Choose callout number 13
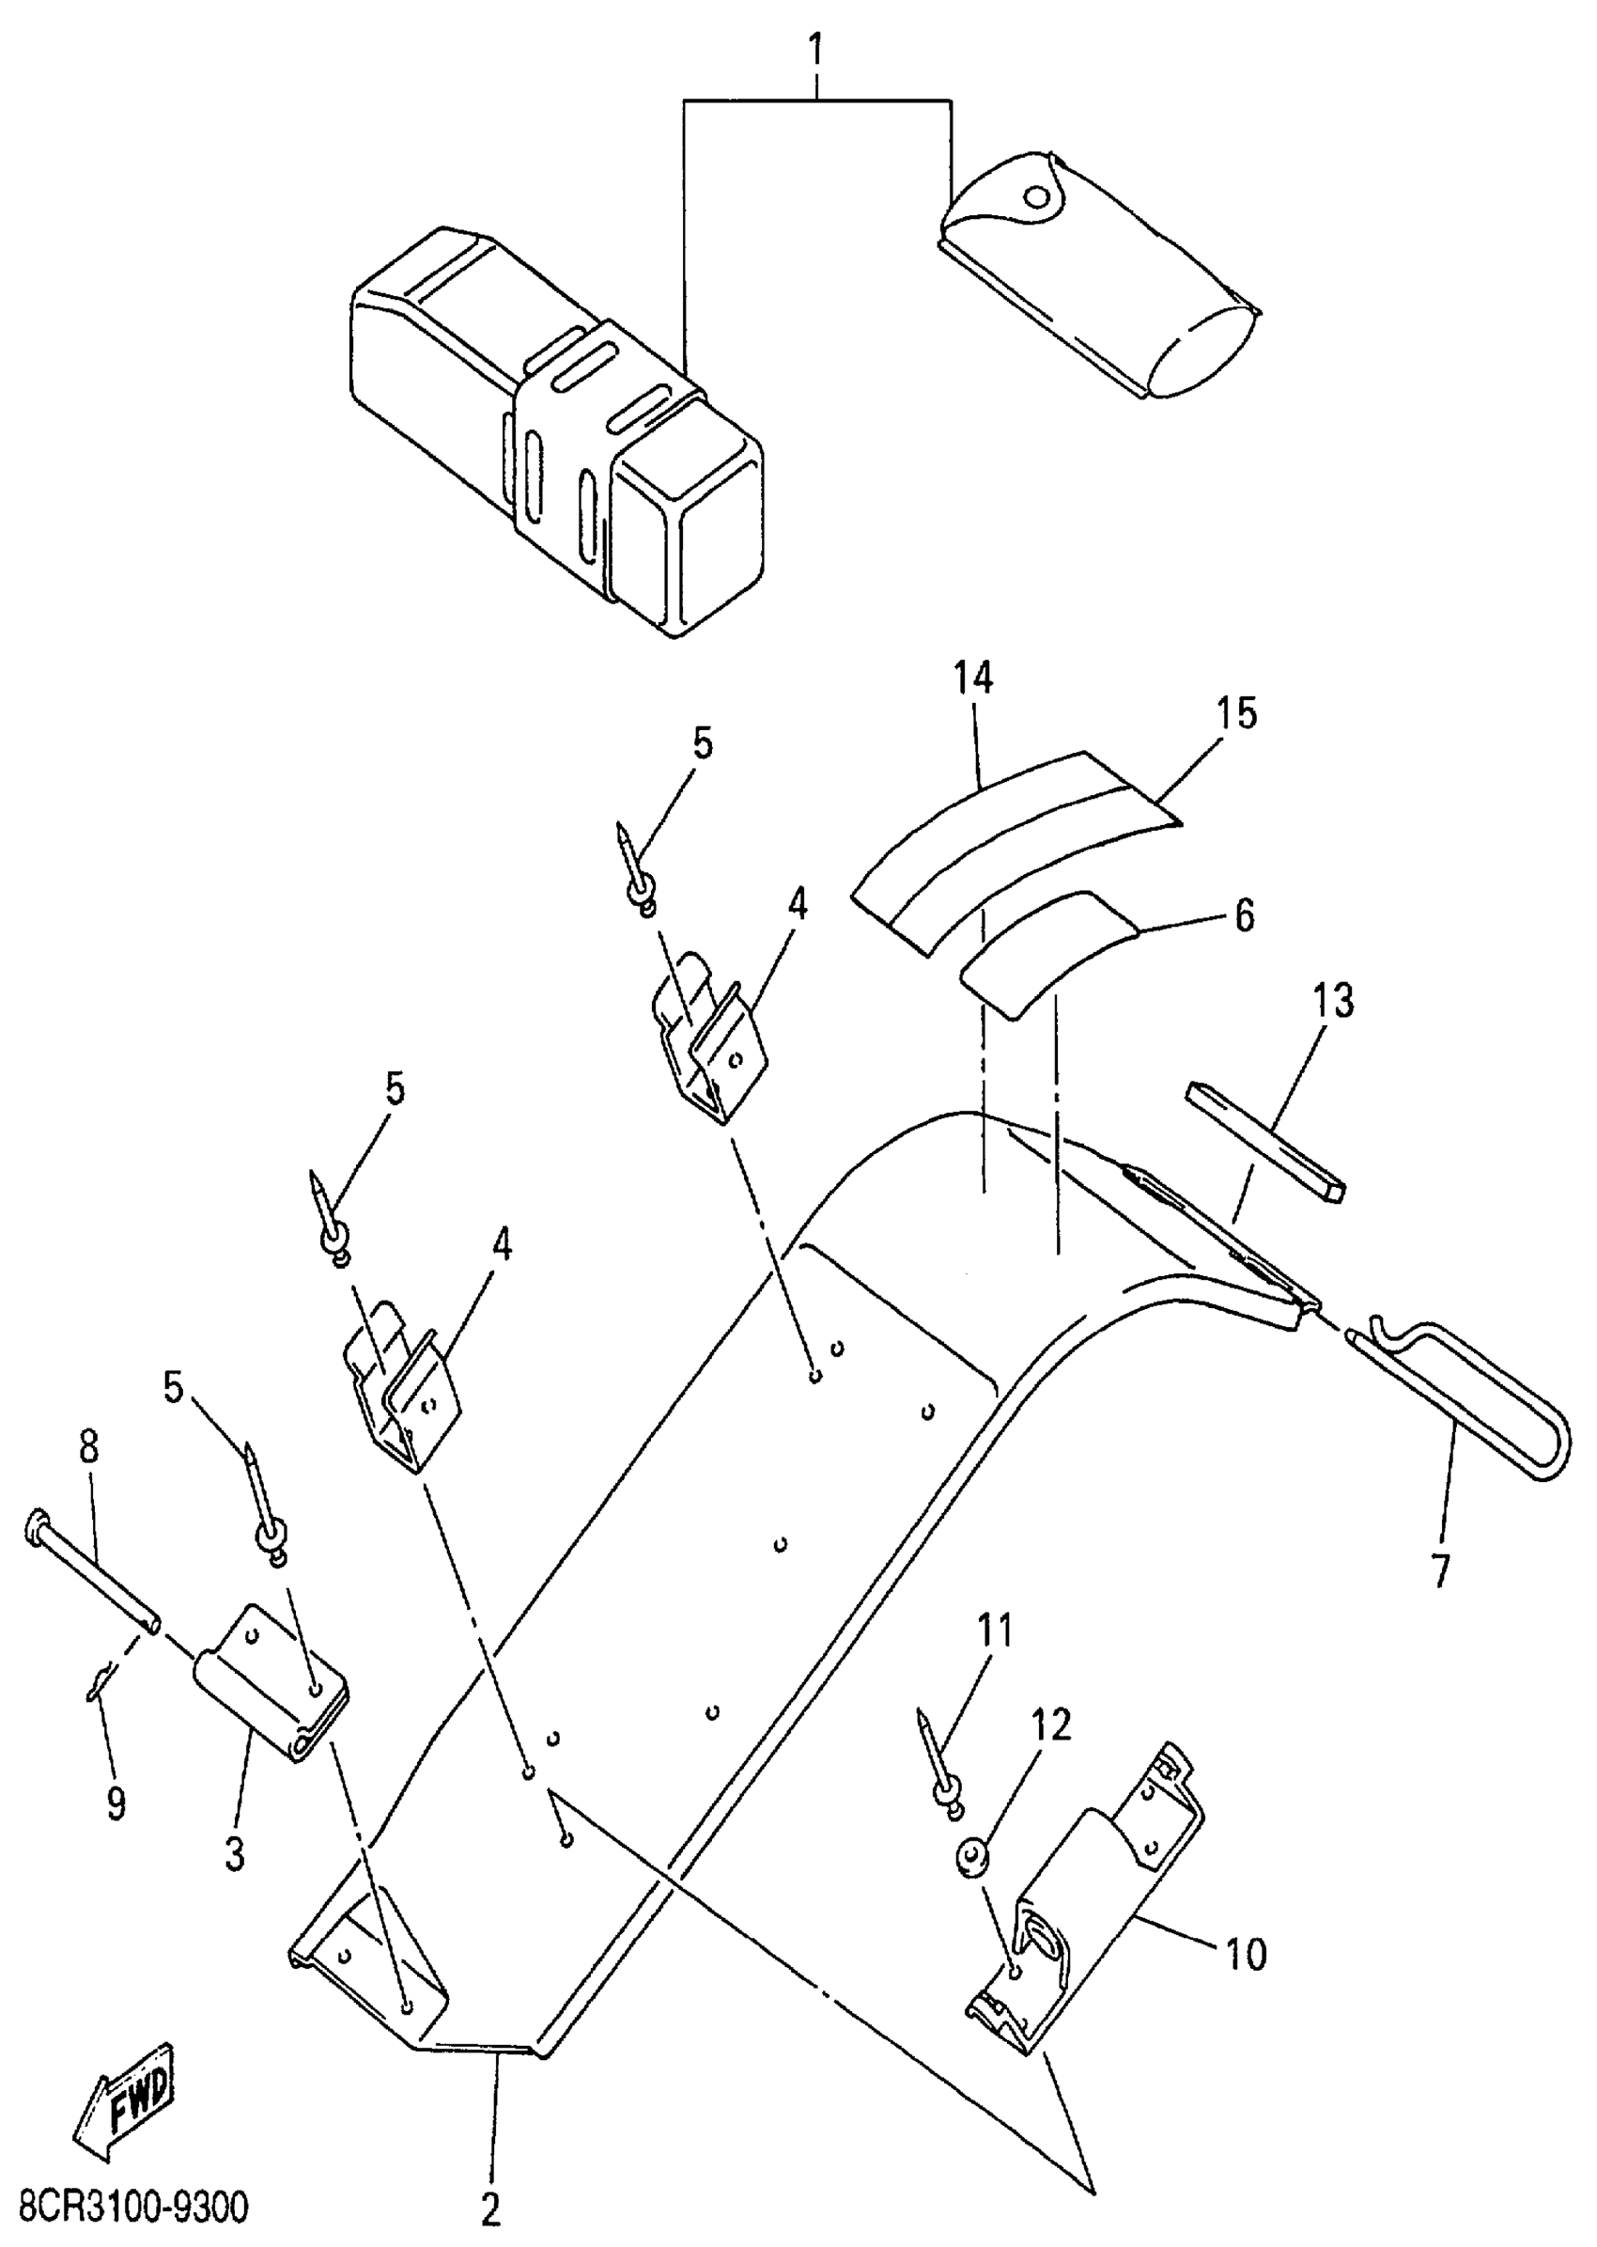click(1332, 1001)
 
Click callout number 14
click(972, 678)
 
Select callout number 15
click(1237, 713)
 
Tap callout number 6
click(1244, 916)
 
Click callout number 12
click(1051, 1753)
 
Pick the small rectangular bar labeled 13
click(1264, 1141)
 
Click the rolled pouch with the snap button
click(1096, 276)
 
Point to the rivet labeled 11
click(938, 1764)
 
